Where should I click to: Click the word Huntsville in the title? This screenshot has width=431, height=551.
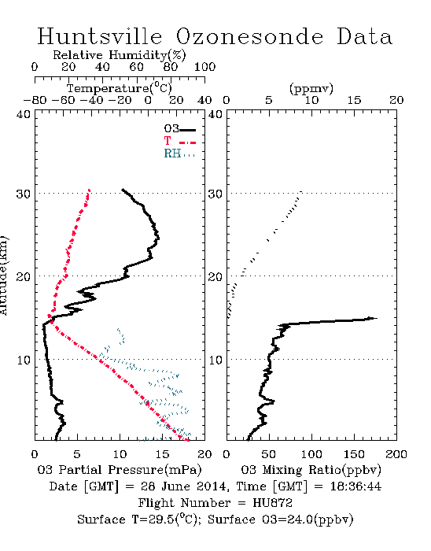100,36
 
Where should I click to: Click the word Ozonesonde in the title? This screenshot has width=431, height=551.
249,37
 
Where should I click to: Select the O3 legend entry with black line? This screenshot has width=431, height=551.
179,129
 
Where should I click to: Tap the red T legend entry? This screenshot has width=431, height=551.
179,141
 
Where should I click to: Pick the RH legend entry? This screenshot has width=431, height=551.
179,153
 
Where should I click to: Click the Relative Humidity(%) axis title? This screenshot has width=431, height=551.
120,55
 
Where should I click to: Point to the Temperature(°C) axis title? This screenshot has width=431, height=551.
120,88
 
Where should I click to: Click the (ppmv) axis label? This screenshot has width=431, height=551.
311,88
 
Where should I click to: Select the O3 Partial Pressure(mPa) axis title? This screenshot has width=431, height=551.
120,470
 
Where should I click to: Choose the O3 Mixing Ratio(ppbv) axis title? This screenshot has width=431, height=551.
311,470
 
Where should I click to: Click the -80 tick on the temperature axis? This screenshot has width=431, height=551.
35,100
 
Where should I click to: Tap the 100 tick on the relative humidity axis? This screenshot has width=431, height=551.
204,67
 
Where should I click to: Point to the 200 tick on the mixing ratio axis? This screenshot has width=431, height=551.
396,454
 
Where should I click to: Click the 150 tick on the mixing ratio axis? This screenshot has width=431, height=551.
354,454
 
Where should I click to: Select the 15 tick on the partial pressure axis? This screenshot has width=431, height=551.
162,454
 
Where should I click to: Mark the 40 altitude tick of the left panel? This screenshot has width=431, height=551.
24,114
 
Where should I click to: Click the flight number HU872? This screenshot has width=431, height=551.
272,503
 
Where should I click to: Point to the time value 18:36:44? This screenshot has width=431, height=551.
355,486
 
